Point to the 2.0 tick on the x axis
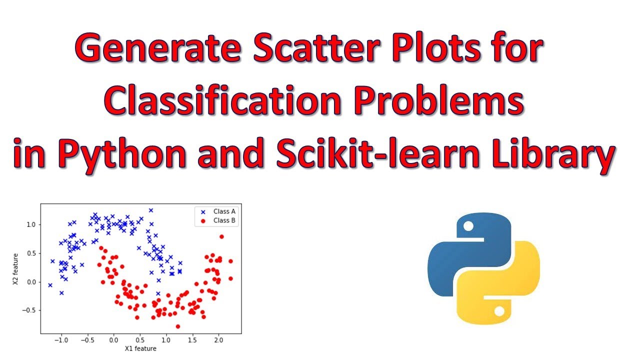[x=218, y=340]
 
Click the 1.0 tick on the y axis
[x=30, y=225]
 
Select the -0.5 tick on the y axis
[x=29, y=310]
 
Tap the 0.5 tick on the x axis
[x=139, y=340]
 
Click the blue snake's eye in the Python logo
[x=468, y=226]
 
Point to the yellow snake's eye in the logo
[x=499, y=310]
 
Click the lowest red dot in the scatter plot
[x=177, y=326]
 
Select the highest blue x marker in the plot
[x=150, y=210]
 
